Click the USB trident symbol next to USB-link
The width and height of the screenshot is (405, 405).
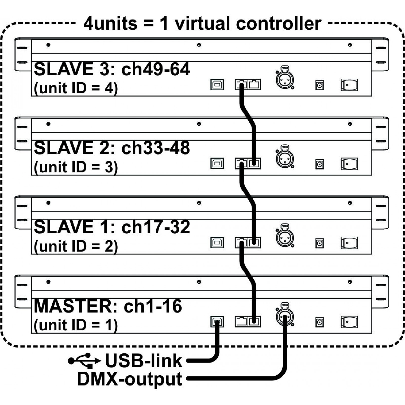pos(84,360)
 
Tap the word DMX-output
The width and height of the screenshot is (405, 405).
pos(130,379)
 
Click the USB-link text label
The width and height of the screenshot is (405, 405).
pos(144,360)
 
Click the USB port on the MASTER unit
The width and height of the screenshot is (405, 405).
pos(217,322)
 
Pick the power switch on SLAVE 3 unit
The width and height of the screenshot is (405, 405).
pos(349,85)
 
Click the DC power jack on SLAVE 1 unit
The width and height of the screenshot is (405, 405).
pos(320,244)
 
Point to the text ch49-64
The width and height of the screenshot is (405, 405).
pos(155,69)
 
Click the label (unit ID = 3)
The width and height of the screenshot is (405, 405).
pos(76,167)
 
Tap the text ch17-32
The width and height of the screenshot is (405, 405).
pos(155,227)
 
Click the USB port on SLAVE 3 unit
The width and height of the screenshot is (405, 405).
pos(217,85)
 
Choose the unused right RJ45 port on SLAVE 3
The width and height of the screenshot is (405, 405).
pos(254,85)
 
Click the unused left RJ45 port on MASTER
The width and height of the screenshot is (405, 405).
pos(241,322)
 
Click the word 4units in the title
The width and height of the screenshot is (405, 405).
pos(110,23)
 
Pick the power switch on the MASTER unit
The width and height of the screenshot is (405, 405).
pos(349,322)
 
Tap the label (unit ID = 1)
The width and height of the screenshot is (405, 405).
pos(76,325)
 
